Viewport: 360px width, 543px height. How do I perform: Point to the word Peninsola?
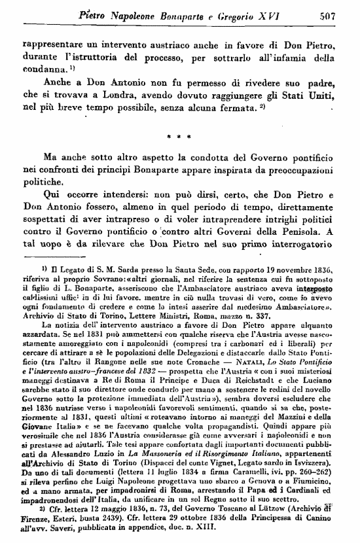pyautogui.click(x=300, y=231)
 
